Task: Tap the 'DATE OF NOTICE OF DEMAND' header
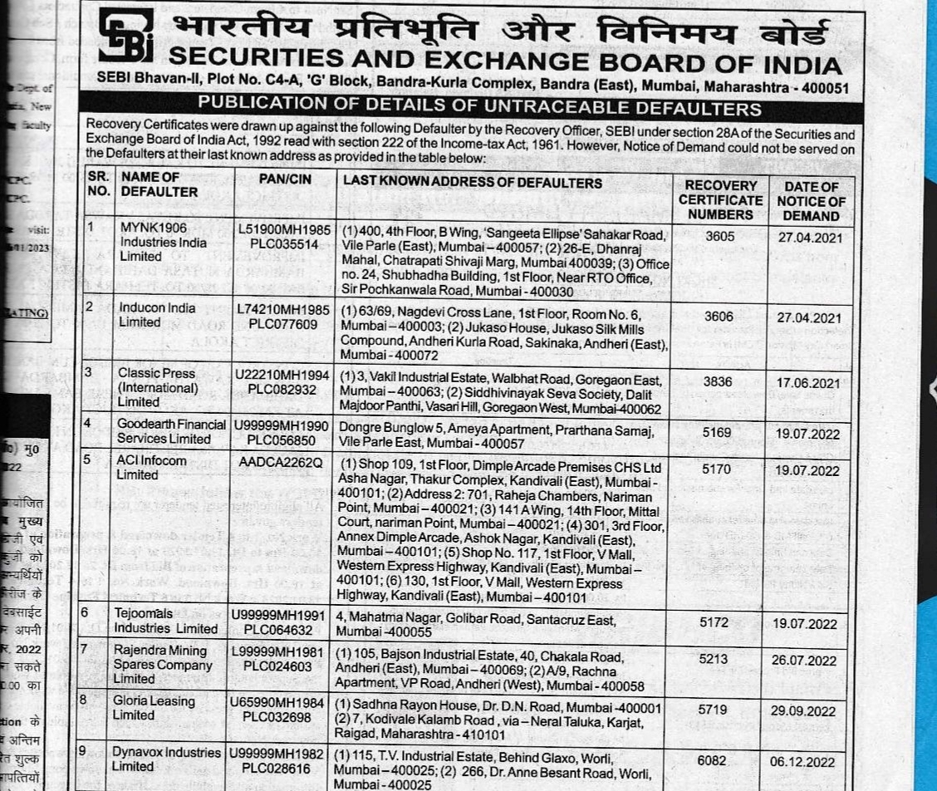pos(811,201)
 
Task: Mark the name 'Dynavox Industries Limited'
pos(169,759)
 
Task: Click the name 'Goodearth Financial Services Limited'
pos(172,430)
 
